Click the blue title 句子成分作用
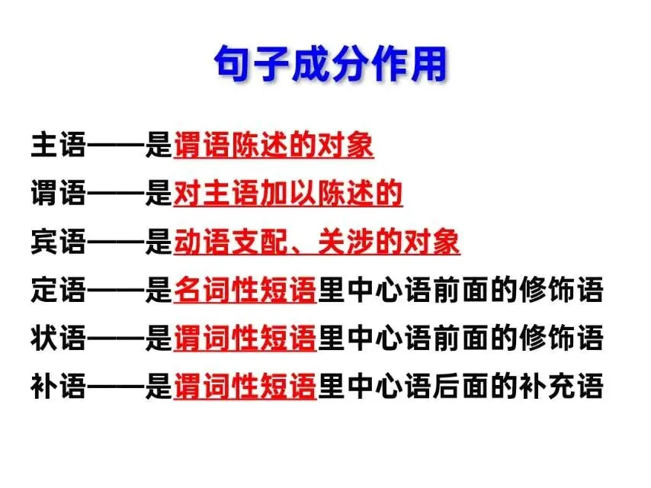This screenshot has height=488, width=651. coord(329,64)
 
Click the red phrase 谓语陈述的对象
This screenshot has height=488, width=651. coord(274,145)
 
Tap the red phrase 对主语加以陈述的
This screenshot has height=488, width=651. coord(288,194)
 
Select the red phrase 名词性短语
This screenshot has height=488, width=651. coord(245,291)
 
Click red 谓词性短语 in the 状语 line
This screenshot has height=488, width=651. coord(245,339)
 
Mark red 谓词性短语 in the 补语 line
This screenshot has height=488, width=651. coord(245,387)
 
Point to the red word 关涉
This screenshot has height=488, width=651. coord(346,242)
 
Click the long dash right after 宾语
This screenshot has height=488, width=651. coord(116,242)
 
